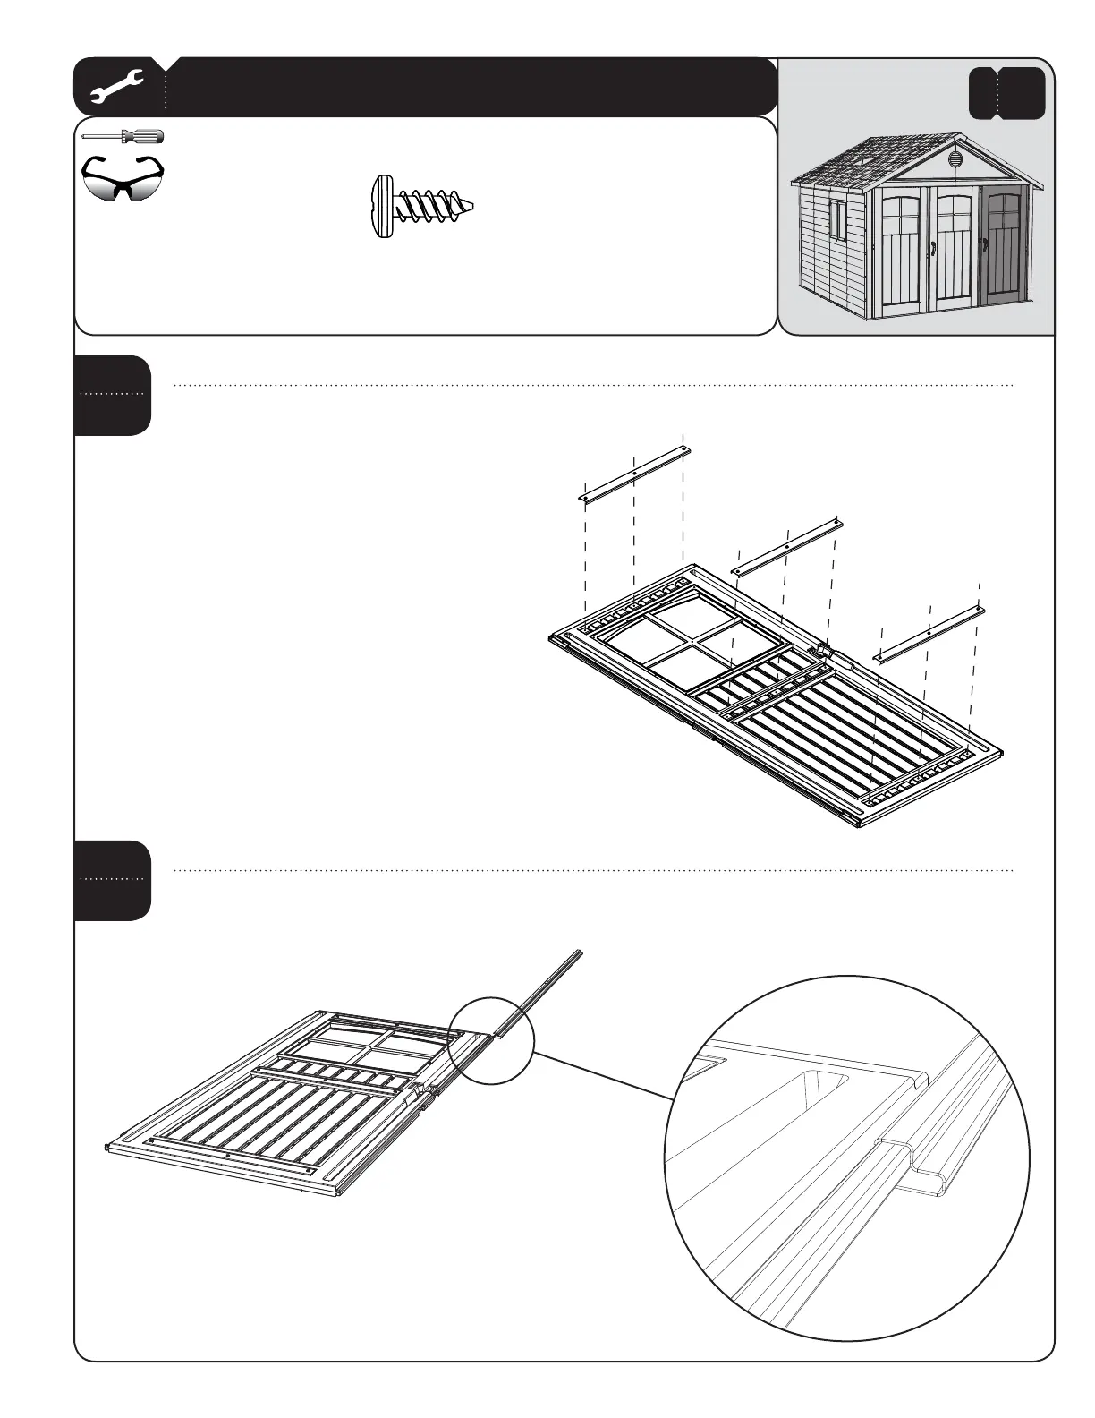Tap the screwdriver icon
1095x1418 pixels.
[x=122, y=137]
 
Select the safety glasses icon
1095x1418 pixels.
[x=123, y=178]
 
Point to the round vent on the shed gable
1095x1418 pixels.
[x=954, y=161]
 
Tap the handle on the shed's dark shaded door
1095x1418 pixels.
[x=985, y=244]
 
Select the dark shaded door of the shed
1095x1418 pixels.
[x=1004, y=251]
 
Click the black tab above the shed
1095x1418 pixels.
[x=1007, y=93]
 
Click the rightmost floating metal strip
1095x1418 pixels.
[x=929, y=633]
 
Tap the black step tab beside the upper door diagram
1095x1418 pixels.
[x=113, y=395]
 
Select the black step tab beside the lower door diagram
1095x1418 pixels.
[x=113, y=880]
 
